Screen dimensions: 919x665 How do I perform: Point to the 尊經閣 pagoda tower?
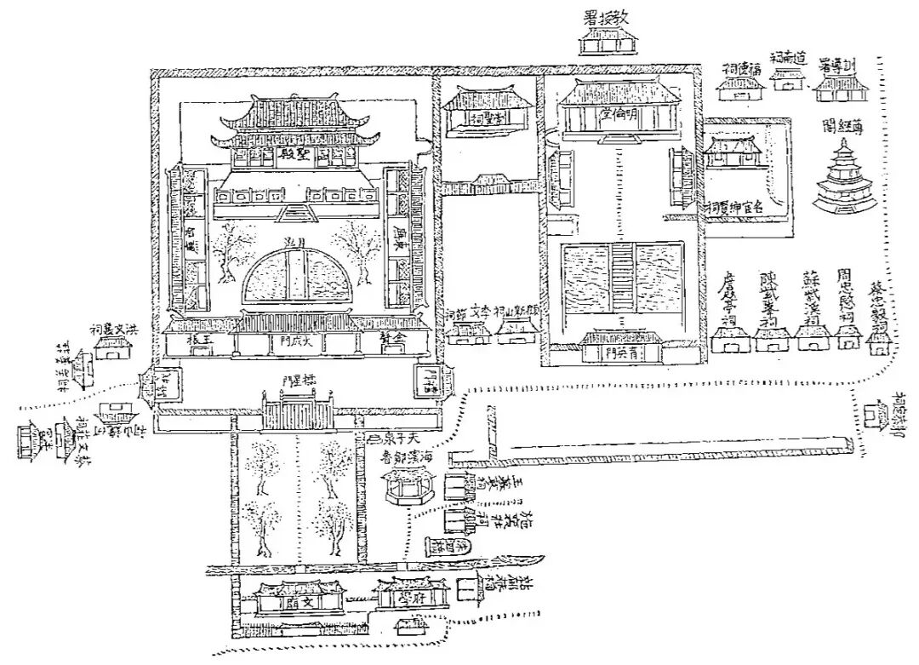click(842, 180)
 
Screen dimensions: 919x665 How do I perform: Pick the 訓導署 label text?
click(837, 66)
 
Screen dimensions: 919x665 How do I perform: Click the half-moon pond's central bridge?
click(295, 273)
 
